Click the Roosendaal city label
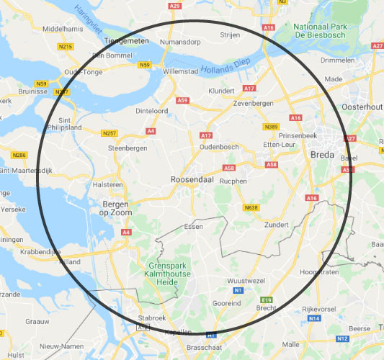[192, 179]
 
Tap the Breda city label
[322, 155]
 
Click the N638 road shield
[251, 208]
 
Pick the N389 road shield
[271, 126]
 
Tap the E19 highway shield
[267, 300]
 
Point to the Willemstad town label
[180, 73]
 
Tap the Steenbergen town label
[128, 148]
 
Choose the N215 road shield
[66, 47]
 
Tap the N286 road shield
[19, 155]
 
